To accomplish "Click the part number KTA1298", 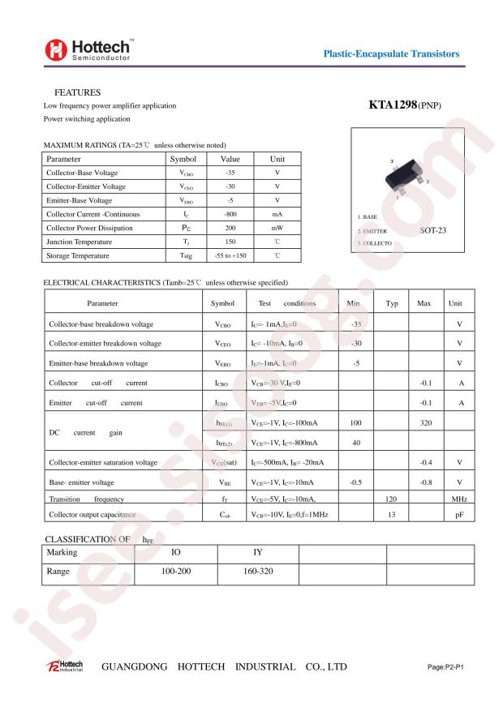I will coord(393,105).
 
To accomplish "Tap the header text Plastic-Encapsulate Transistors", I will coord(391,54).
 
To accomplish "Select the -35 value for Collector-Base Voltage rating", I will coord(230,173).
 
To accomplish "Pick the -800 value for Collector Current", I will coord(230,214).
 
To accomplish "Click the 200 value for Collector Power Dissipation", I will coord(230,228).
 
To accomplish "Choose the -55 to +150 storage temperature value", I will coord(230,255).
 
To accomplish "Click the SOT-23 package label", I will coord(434,230).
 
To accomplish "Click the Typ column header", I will coord(392,303).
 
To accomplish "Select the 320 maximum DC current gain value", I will coord(423,423).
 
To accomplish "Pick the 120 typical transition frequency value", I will coord(391,499).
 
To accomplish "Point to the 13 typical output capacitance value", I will coord(391,515).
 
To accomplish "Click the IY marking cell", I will coord(259,553).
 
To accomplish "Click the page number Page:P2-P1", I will coord(449,666).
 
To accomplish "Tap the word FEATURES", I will coord(77,92).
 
